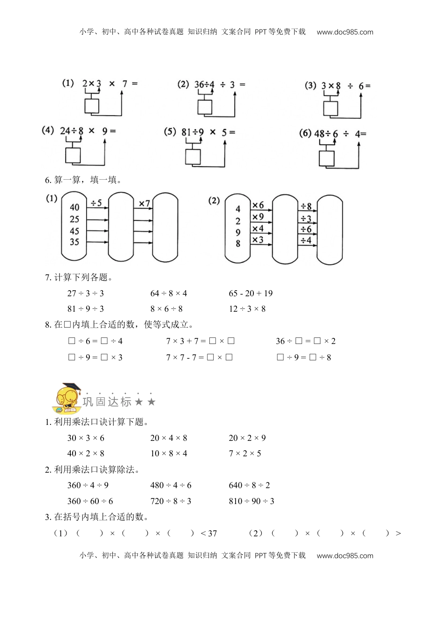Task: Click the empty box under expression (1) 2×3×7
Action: (x=92, y=106)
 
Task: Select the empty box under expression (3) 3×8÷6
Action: (x=330, y=109)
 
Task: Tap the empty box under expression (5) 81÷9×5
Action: (x=193, y=156)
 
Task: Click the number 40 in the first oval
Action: (x=74, y=207)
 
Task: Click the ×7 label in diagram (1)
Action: (x=144, y=204)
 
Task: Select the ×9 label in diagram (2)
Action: (x=258, y=217)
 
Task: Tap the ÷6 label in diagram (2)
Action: (x=306, y=229)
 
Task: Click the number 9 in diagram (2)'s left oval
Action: (x=238, y=233)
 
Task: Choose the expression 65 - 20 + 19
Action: (x=251, y=293)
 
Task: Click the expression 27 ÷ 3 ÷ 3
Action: (x=86, y=293)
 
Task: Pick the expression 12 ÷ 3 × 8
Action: (x=247, y=309)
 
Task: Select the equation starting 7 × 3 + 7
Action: (x=200, y=341)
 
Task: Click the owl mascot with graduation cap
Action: (x=68, y=397)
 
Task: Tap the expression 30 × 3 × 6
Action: (x=86, y=438)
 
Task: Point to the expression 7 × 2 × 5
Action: (x=245, y=453)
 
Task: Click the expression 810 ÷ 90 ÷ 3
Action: (x=252, y=501)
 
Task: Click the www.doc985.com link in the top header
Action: (x=345, y=32)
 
